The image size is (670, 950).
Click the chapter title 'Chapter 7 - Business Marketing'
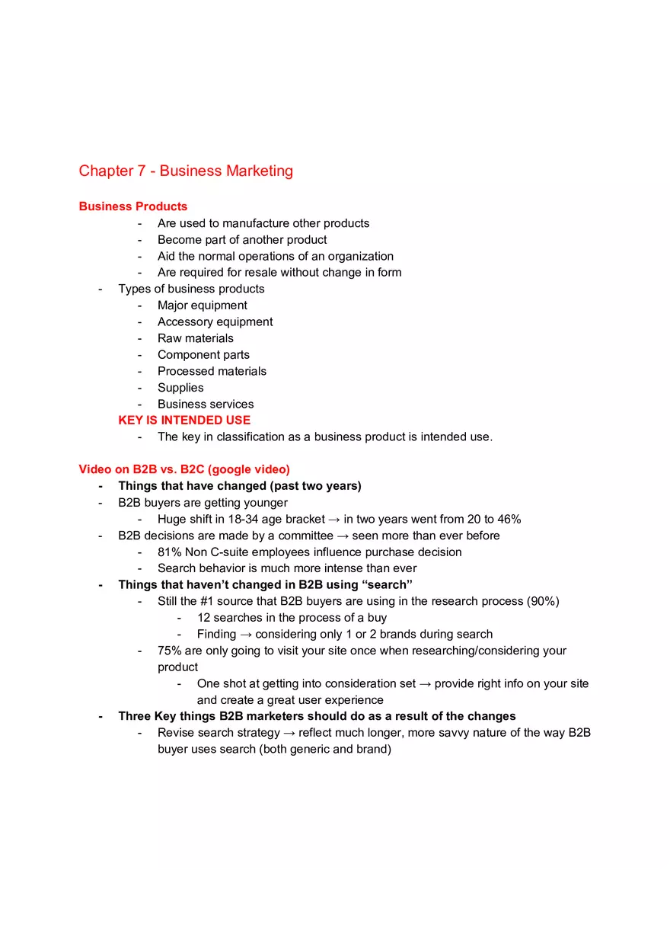click(186, 171)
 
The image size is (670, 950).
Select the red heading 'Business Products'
click(132, 206)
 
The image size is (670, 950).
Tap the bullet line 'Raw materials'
click(196, 338)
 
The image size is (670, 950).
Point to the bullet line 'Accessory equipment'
click(215, 321)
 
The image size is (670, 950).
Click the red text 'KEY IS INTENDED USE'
click(184, 420)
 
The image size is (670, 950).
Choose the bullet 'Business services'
click(206, 404)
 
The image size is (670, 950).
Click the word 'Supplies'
click(180, 387)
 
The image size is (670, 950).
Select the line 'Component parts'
click(203, 354)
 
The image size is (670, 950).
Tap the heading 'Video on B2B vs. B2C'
click(183, 469)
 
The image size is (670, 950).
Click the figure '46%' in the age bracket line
click(508, 519)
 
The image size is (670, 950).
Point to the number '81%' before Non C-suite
click(169, 552)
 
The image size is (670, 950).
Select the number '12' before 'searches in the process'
click(203, 617)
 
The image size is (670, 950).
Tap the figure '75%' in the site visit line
click(169, 651)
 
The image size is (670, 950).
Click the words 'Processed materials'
click(212, 371)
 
